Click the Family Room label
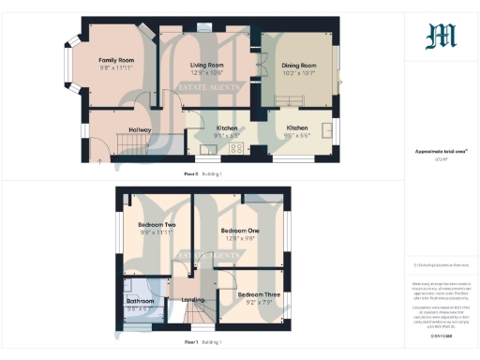(118, 60)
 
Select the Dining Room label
(299, 66)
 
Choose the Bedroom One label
(240, 230)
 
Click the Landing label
(193, 300)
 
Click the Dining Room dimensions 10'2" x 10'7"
(299, 73)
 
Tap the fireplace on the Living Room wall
(205, 29)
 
